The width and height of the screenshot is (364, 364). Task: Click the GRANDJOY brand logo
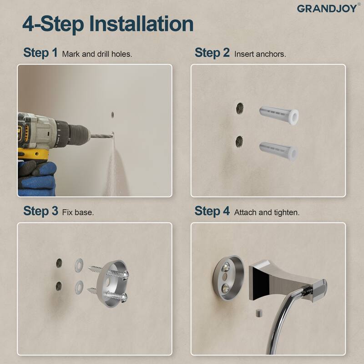pos(327,8)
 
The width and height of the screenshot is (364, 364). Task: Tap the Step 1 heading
pos(40,53)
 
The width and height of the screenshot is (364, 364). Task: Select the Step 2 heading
pos(212,53)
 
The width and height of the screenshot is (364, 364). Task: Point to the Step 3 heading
pos(40,211)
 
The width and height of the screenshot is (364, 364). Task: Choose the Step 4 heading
pos(212,211)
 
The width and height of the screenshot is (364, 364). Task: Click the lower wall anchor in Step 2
pos(278,149)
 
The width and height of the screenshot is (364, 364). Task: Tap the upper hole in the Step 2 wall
pos(239,108)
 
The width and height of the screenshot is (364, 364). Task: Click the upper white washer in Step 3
pos(78,263)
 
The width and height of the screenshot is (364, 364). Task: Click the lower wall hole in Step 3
pos(59,286)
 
